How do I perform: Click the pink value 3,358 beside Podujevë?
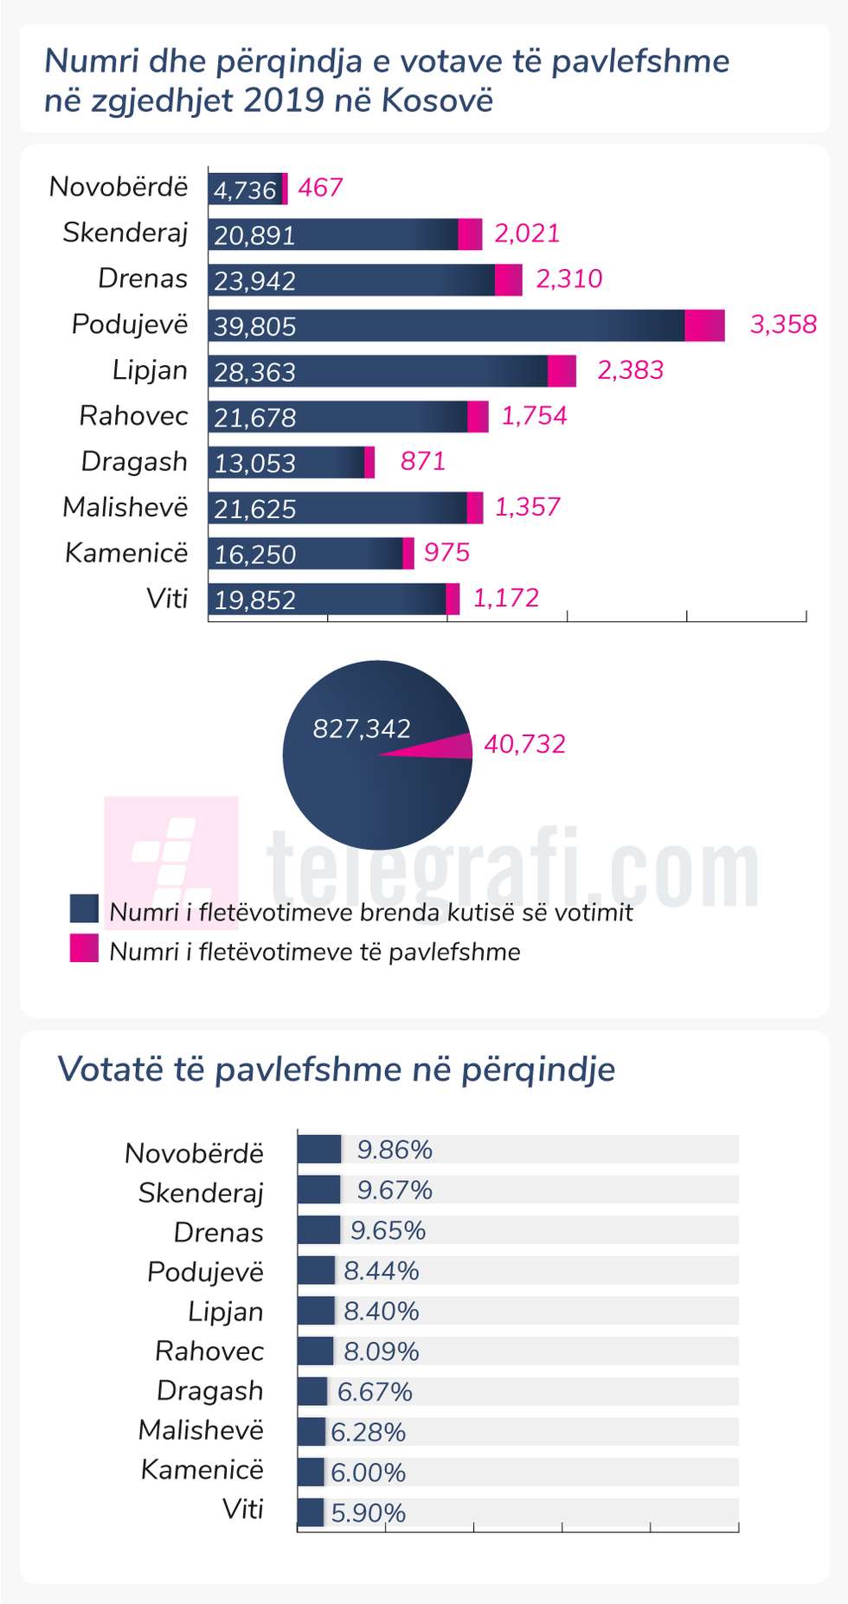(783, 324)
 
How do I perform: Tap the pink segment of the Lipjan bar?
(562, 371)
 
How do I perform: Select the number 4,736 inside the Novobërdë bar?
(245, 189)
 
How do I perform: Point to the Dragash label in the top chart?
(134, 461)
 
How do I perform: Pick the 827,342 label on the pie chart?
(362, 728)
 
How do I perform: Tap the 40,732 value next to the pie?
(524, 744)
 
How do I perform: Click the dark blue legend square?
(84, 909)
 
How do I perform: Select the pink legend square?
(84, 949)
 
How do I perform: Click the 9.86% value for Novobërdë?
(395, 1150)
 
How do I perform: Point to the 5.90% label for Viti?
(369, 1512)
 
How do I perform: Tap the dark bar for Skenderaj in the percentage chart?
(318, 1190)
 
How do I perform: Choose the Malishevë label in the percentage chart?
(201, 1430)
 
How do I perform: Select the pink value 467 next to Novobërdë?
(320, 188)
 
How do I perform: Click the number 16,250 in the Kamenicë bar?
(254, 555)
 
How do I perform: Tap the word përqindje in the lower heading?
(537, 1069)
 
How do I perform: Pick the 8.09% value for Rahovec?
(382, 1351)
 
